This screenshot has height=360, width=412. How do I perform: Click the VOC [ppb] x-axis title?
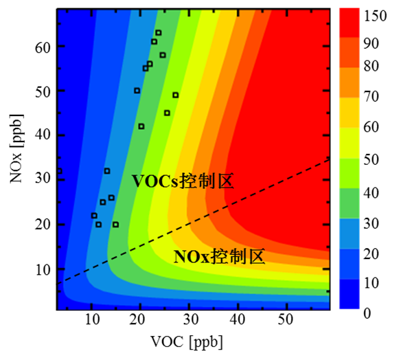coord(193,341)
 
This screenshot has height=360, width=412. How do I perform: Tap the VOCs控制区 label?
coord(183,182)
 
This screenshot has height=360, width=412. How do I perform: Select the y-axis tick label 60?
coord(41,46)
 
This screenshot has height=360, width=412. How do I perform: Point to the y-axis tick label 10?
coord(41,269)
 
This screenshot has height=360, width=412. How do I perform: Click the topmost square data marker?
coord(159,32)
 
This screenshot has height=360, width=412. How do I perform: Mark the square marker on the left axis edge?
coord(59,171)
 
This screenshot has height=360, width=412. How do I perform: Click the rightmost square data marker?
coord(175,95)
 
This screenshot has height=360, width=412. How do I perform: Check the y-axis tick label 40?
coord(41,135)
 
